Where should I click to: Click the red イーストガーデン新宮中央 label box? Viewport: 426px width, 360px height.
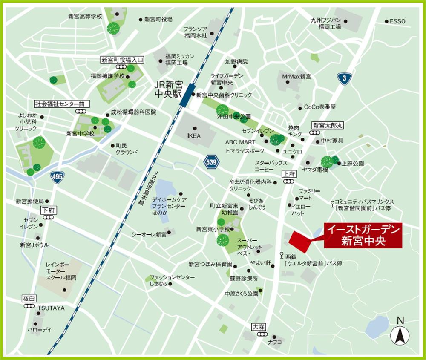tap(363, 236)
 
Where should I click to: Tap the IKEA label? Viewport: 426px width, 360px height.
tap(193, 136)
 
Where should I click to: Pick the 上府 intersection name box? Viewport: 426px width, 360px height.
tap(289, 174)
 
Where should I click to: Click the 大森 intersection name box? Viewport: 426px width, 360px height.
tap(259, 327)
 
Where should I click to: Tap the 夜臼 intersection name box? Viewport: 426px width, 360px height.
tap(28, 299)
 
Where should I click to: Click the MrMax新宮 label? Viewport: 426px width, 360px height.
tap(296, 76)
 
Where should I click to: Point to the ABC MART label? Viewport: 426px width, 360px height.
tap(240, 142)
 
